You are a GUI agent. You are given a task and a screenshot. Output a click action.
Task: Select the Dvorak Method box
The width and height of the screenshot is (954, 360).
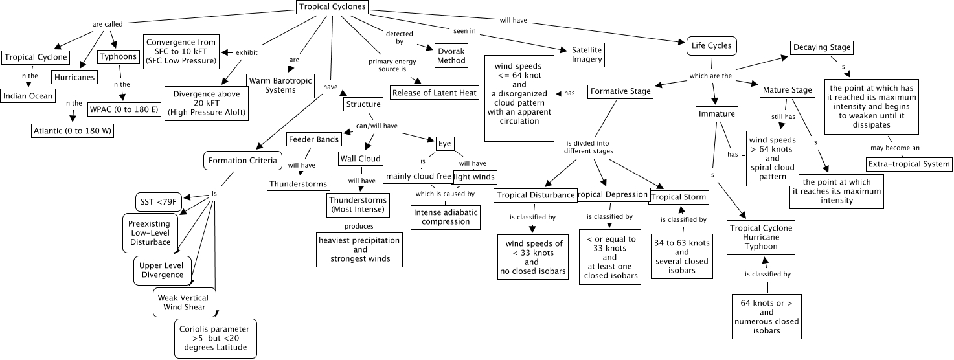pyautogui.click(x=451, y=55)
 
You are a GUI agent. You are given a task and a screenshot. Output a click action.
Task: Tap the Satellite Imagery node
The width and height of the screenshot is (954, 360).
pyautogui.click(x=587, y=54)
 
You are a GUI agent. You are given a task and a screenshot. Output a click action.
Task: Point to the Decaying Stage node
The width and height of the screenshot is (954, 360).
pyautogui.click(x=821, y=47)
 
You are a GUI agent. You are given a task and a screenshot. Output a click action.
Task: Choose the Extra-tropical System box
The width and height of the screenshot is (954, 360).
pyautogui.click(x=910, y=164)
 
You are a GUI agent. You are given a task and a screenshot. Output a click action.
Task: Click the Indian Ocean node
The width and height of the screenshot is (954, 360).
pyautogui.click(x=27, y=96)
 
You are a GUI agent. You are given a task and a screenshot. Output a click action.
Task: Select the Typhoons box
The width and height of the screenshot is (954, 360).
pyautogui.click(x=119, y=56)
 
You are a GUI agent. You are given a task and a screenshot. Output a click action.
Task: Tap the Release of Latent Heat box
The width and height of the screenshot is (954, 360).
pyautogui.click(x=435, y=93)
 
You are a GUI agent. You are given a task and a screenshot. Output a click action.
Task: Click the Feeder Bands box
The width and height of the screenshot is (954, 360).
pyautogui.click(x=314, y=139)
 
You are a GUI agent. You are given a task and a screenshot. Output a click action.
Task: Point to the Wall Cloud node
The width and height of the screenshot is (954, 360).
pyautogui.click(x=361, y=159)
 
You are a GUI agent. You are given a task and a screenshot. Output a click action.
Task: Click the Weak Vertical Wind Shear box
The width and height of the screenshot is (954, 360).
pyautogui.click(x=185, y=302)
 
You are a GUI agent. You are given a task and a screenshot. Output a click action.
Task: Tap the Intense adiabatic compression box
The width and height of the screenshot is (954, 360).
pyautogui.click(x=446, y=216)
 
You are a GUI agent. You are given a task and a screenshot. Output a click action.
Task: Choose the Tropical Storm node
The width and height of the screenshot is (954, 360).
pyautogui.click(x=678, y=197)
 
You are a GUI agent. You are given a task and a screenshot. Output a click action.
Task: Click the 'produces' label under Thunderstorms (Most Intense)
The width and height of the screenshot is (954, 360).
pyautogui.click(x=359, y=226)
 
